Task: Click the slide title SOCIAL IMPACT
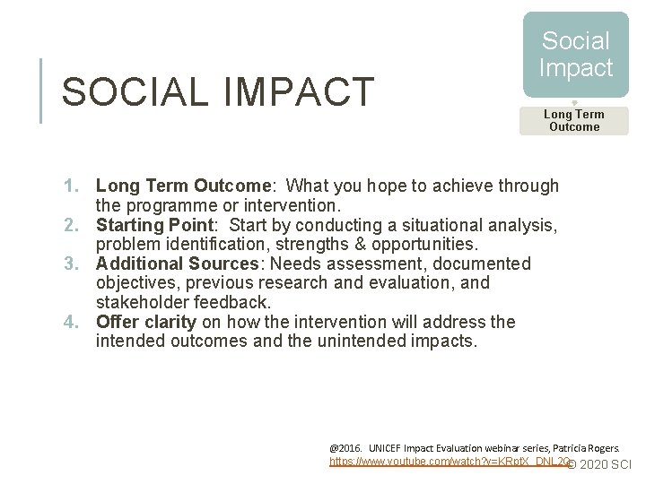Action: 217,91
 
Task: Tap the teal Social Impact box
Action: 575,55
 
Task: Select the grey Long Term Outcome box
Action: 574,120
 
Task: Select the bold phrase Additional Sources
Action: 176,264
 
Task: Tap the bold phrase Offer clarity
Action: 146,322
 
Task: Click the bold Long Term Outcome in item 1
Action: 181,186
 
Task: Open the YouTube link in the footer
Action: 449,462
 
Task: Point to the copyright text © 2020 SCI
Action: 600,464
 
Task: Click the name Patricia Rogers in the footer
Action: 592,447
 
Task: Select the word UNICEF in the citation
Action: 388,447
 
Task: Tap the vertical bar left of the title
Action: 41,91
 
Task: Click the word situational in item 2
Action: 398,225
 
